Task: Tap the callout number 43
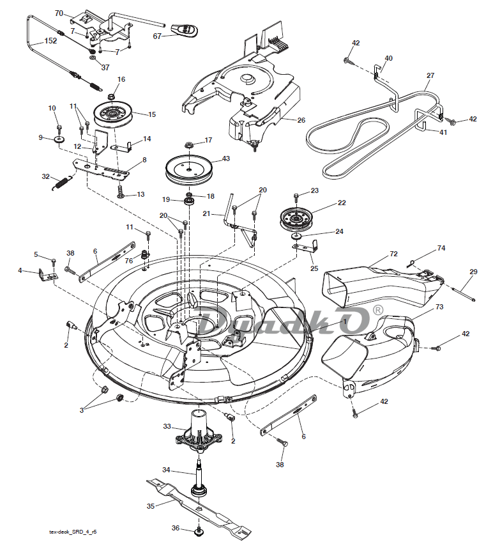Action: tap(225, 159)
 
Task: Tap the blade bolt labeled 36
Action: tap(198, 530)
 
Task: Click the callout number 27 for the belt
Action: tap(430, 75)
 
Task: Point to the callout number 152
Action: tap(50, 40)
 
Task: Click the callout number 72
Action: tap(393, 254)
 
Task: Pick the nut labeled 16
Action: tap(111, 96)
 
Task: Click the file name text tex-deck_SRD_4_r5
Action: tap(77, 531)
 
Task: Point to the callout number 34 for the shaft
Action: tap(165, 470)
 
